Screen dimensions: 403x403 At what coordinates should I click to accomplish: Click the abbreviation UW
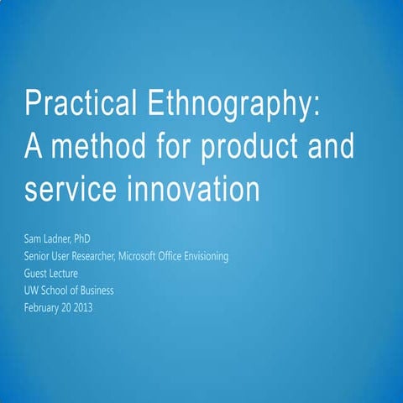33,290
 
